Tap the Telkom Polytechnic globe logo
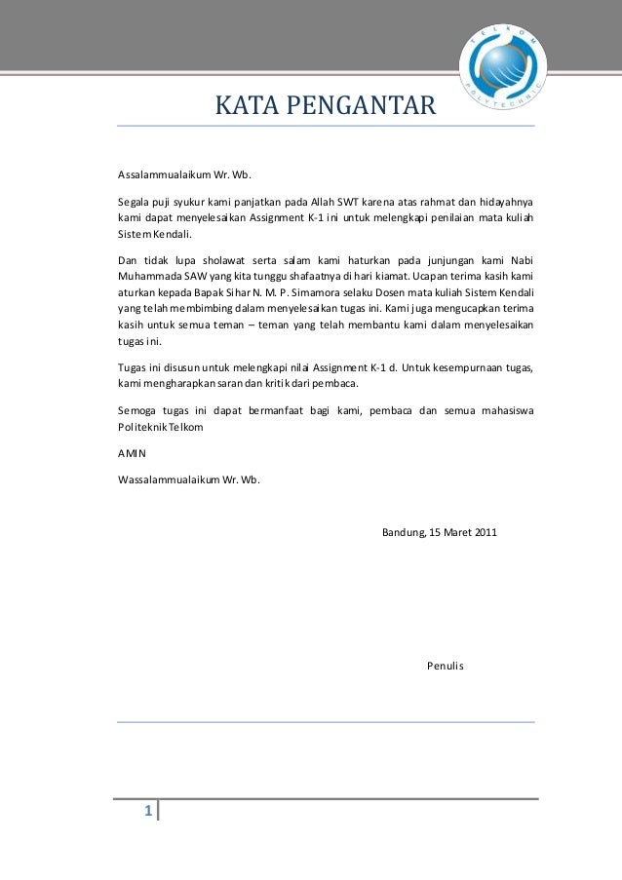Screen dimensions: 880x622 coord(502,64)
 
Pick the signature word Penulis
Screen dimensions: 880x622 coord(447,666)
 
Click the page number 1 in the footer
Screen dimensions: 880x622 coord(148,812)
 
